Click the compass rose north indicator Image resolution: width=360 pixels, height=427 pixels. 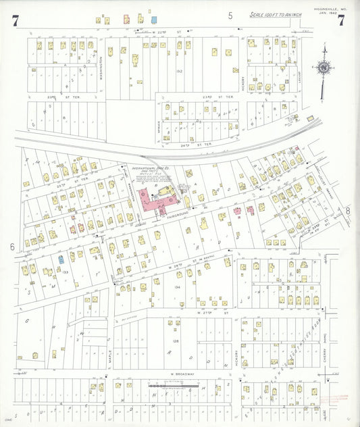coord(324,67)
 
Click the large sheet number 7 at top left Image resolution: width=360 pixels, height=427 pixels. coord(15,21)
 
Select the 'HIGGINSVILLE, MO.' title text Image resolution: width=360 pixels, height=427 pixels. coord(330,9)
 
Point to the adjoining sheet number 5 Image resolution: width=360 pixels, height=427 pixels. coord(230,15)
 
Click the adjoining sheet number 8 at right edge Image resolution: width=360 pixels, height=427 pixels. coord(349,211)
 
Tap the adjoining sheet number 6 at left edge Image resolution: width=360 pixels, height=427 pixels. coord(12,247)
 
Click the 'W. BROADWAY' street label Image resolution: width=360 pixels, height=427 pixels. coord(182,374)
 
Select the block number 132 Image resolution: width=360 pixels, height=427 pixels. coord(179,70)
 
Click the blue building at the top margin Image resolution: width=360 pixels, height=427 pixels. coord(154,20)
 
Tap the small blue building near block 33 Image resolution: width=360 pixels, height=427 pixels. coord(61,259)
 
